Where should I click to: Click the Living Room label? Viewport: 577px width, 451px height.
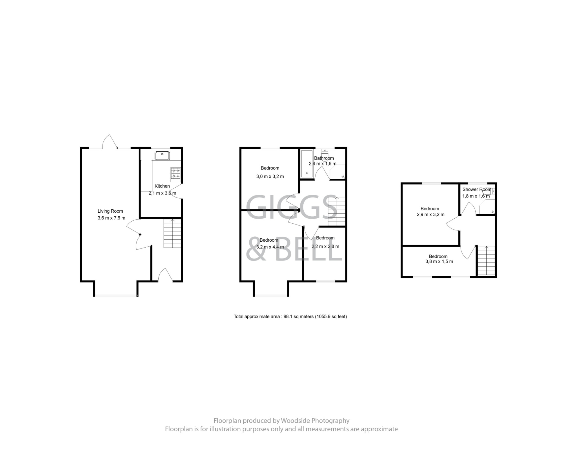coord(110,211)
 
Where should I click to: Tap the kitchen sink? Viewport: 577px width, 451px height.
coord(162,156)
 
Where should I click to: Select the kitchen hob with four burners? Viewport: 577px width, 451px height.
coord(176,173)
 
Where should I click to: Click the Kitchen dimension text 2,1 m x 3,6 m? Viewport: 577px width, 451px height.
coord(162,193)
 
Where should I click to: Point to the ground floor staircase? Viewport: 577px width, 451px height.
coord(172,233)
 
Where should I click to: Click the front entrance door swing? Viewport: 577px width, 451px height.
coord(165,275)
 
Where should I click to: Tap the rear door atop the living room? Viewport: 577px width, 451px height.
coord(110,142)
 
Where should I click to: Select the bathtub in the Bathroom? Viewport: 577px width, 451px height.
coord(307,163)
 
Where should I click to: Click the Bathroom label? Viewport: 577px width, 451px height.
coord(324,158)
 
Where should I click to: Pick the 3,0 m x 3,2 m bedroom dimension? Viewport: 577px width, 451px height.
coord(270,177)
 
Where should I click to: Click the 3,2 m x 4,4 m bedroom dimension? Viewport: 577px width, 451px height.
coord(270,247)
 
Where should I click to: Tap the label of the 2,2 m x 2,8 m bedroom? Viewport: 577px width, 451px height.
coord(325,238)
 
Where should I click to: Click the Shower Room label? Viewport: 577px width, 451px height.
coord(477,189)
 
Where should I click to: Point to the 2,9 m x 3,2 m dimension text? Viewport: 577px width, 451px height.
coord(430,215)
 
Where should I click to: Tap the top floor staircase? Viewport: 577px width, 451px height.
coord(486,261)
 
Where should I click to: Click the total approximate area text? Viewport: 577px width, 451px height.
coord(290,317)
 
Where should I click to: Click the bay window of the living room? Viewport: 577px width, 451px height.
coord(116,295)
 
